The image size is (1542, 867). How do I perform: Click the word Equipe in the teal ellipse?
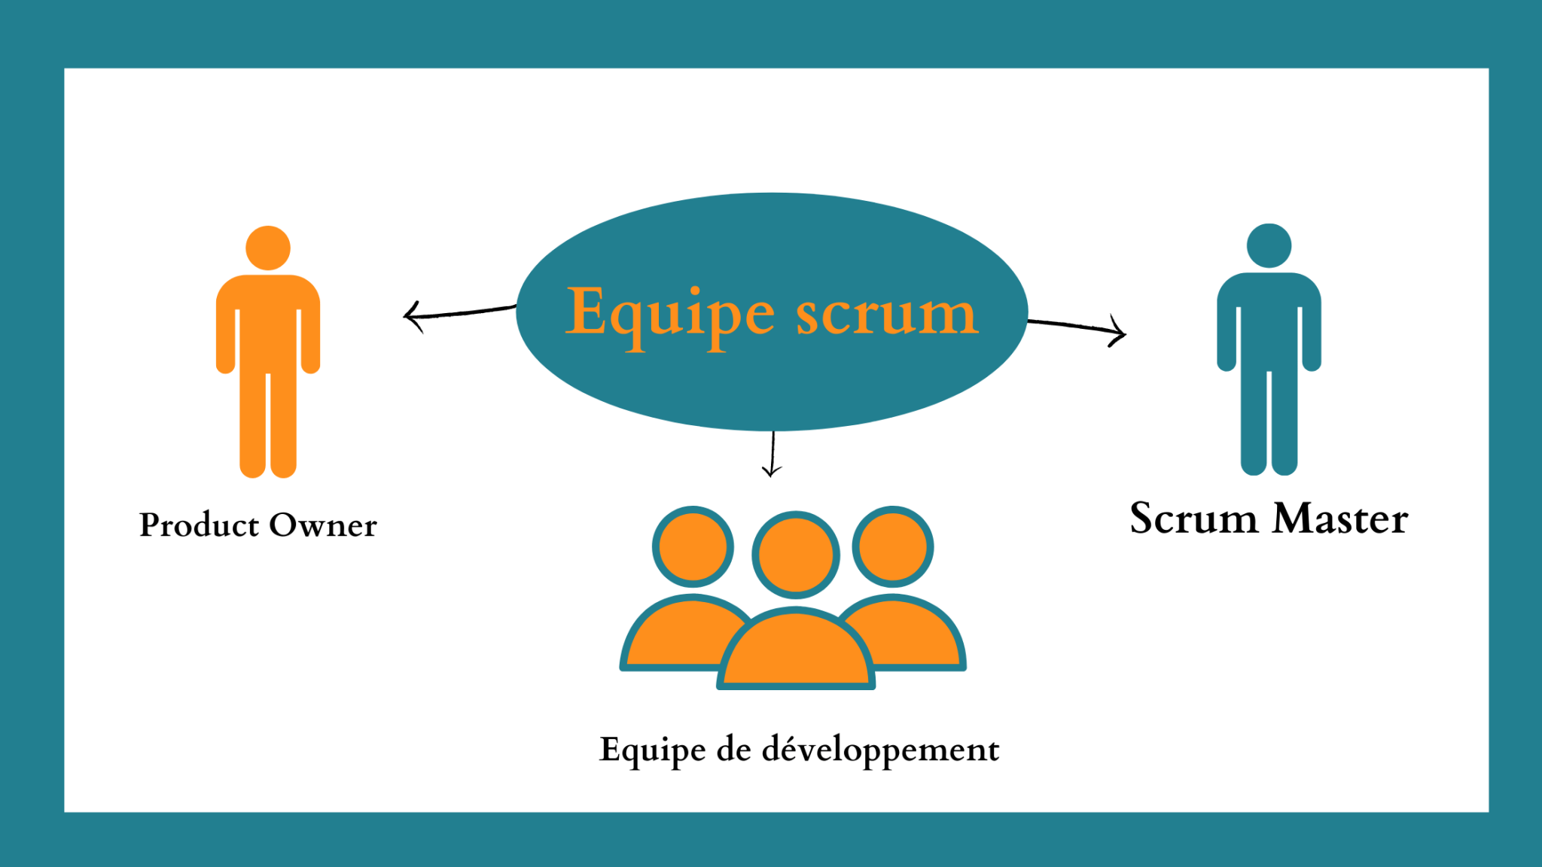point(669,315)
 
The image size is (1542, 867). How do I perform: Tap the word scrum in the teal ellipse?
point(887,315)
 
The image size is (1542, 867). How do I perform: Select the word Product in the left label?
point(199,525)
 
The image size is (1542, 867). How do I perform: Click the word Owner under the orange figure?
point(323,525)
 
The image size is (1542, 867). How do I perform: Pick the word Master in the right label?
point(1340,519)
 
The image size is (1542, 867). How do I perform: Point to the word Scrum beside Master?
point(1193,519)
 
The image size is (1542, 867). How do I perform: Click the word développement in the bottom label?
point(880,750)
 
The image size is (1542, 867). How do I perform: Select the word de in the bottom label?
point(733,750)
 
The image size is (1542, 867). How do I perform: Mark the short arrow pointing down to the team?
point(773,455)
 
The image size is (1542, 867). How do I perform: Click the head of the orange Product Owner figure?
point(268,248)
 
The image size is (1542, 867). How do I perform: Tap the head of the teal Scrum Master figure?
point(1269,245)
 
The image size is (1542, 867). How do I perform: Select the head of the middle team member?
point(795,555)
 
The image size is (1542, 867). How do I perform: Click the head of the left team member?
point(693,546)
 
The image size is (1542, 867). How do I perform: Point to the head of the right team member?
point(893,546)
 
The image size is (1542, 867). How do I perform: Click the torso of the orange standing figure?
point(268,324)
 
